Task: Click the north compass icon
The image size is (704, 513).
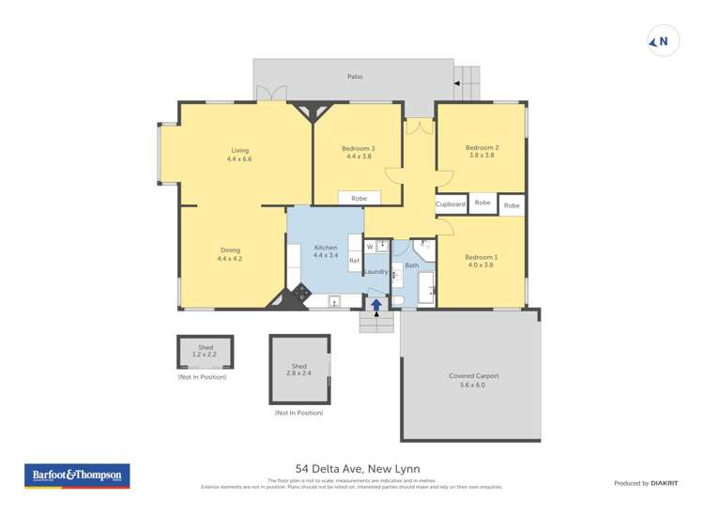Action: (x=663, y=41)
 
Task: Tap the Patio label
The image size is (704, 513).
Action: (x=355, y=77)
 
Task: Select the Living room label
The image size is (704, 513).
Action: (x=239, y=155)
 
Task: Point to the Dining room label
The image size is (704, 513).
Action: (x=230, y=254)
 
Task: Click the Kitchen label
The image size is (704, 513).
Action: (x=325, y=251)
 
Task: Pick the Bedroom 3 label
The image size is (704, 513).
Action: (x=359, y=152)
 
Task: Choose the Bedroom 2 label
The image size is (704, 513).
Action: (x=482, y=151)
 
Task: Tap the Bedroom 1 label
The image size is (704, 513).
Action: (x=482, y=261)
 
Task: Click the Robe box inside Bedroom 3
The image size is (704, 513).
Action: (x=360, y=198)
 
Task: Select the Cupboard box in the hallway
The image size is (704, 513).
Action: (x=451, y=204)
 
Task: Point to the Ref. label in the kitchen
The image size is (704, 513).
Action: (x=355, y=261)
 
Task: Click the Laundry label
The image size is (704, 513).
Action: (x=375, y=272)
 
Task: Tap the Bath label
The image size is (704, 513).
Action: (x=411, y=266)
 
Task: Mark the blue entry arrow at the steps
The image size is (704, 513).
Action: (x=376, y=304)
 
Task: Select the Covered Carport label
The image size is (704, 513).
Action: (x=473, y=380)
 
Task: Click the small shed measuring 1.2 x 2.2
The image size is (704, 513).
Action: (x=205, y=352)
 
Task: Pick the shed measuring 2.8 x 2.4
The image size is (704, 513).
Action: (x=298, y=370)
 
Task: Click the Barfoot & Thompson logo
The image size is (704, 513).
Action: (x=77, y=476)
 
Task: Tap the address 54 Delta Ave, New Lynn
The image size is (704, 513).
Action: (x=358, y=468)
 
